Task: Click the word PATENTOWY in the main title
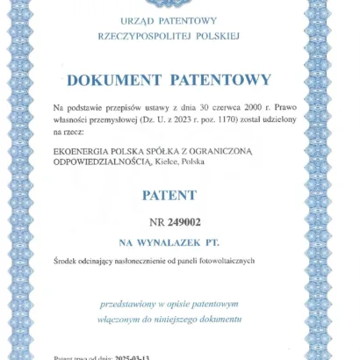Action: point(224,80)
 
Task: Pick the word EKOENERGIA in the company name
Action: point(80,150)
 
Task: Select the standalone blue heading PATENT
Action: point(170,195)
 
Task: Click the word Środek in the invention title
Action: point(67,261)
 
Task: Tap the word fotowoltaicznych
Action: point(223,261)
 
